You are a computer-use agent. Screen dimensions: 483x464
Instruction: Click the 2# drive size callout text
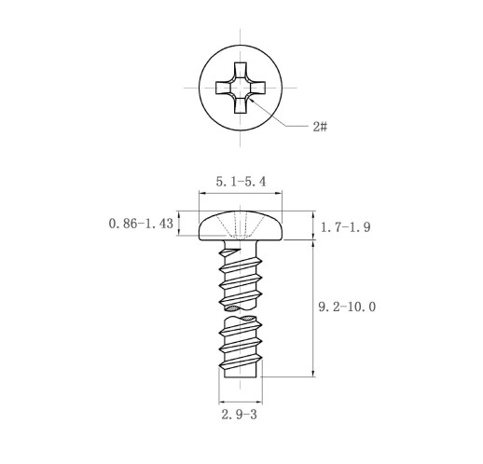[x=320, y=127]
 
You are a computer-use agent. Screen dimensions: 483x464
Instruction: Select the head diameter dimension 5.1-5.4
[x=241, y=182]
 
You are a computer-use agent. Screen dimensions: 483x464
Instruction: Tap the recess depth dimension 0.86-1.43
[x=141, y=224]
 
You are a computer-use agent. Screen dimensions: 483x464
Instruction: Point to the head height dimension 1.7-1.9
[x=345, y=227]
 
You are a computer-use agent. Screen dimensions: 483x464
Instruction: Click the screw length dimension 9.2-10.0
[x=347, y=307]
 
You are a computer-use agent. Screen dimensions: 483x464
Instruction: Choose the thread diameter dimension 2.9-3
[x=239, y=415]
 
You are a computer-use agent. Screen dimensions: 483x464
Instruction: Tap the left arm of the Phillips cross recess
[x=223, y=88]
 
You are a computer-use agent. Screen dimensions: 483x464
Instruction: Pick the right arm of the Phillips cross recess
[x=257, y=88]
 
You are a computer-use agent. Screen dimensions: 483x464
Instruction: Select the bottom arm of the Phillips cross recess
[x=241, y=105]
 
